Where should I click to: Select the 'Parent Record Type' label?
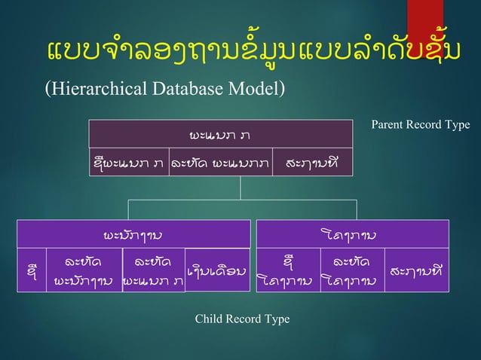[420, 124]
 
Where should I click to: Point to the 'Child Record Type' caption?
[242, 319]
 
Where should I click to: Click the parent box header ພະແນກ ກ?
[221, 134]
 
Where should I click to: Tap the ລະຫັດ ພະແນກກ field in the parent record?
[219, 162]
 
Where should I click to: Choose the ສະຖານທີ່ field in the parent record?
[311, 162]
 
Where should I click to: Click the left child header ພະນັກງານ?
[133, 233]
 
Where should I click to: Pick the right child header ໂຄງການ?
[352, 233]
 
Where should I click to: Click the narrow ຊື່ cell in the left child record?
[31, 270]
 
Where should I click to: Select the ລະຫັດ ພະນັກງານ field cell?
[84, 270]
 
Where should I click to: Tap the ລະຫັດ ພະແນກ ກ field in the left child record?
[153, 270]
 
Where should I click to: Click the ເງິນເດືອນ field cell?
[217, 269]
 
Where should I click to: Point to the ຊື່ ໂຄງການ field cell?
[286, 270]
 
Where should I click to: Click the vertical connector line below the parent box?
[240, 187]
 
